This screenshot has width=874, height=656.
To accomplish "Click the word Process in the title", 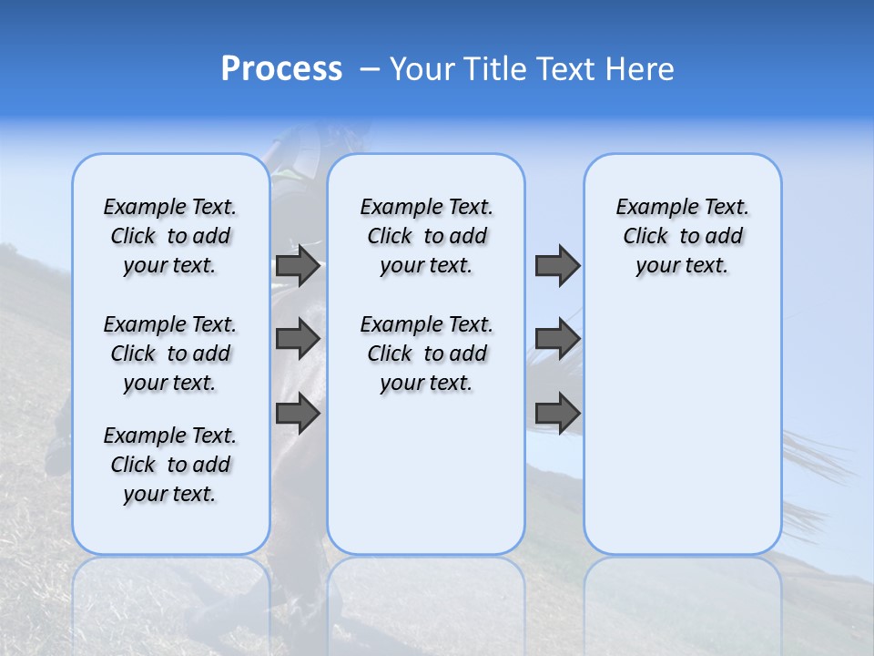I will point(281,69).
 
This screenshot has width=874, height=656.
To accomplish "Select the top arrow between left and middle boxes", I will point(298,266).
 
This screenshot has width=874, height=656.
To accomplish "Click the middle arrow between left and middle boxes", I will point(298,339).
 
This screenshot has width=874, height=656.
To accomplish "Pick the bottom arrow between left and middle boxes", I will point(298,414).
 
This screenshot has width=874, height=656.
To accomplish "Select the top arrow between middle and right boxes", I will point(557,266).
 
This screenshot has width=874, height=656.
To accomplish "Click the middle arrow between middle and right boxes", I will point(557,339).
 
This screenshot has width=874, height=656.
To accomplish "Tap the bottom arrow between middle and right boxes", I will point(557,414).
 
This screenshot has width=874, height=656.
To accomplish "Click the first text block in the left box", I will point(170,236).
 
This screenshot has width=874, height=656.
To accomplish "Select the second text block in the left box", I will point(170,354).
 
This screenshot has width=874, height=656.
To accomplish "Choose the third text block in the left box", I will point(170,465).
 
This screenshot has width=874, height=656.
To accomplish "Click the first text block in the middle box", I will point(426,236).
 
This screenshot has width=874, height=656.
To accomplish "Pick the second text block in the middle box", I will point(426,354).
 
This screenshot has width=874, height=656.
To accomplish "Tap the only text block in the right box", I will point(682,236).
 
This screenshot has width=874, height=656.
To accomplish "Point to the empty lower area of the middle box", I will point(426,474).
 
